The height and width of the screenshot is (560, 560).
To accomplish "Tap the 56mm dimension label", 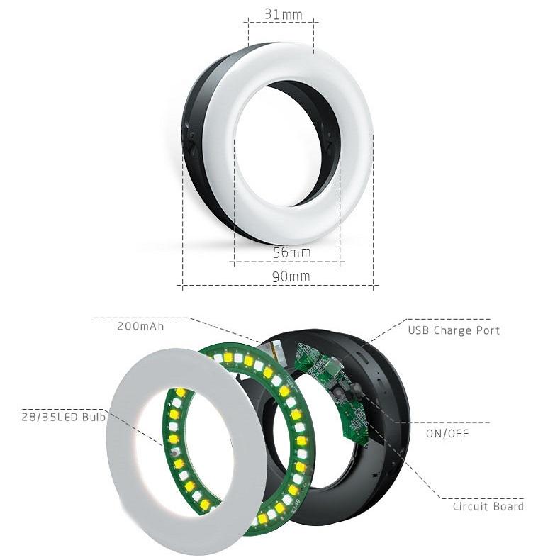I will [291, 252].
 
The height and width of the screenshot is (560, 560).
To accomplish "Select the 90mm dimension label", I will [291, 276].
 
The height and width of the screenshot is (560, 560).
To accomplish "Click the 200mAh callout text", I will [141, 327].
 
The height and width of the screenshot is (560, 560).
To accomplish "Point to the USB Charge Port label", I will [454, 330].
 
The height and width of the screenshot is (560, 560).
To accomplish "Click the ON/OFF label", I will [447, 432].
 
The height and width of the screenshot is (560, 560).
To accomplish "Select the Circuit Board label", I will [488, 506].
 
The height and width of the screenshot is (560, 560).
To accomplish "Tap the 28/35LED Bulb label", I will [62, 417].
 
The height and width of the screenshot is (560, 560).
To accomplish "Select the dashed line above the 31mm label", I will [281, 23].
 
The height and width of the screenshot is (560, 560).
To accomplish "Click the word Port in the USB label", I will [487, 330].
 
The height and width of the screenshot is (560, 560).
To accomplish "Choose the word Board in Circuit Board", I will [508, 506].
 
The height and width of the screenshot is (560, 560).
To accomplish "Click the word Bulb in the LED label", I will [93, 417].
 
